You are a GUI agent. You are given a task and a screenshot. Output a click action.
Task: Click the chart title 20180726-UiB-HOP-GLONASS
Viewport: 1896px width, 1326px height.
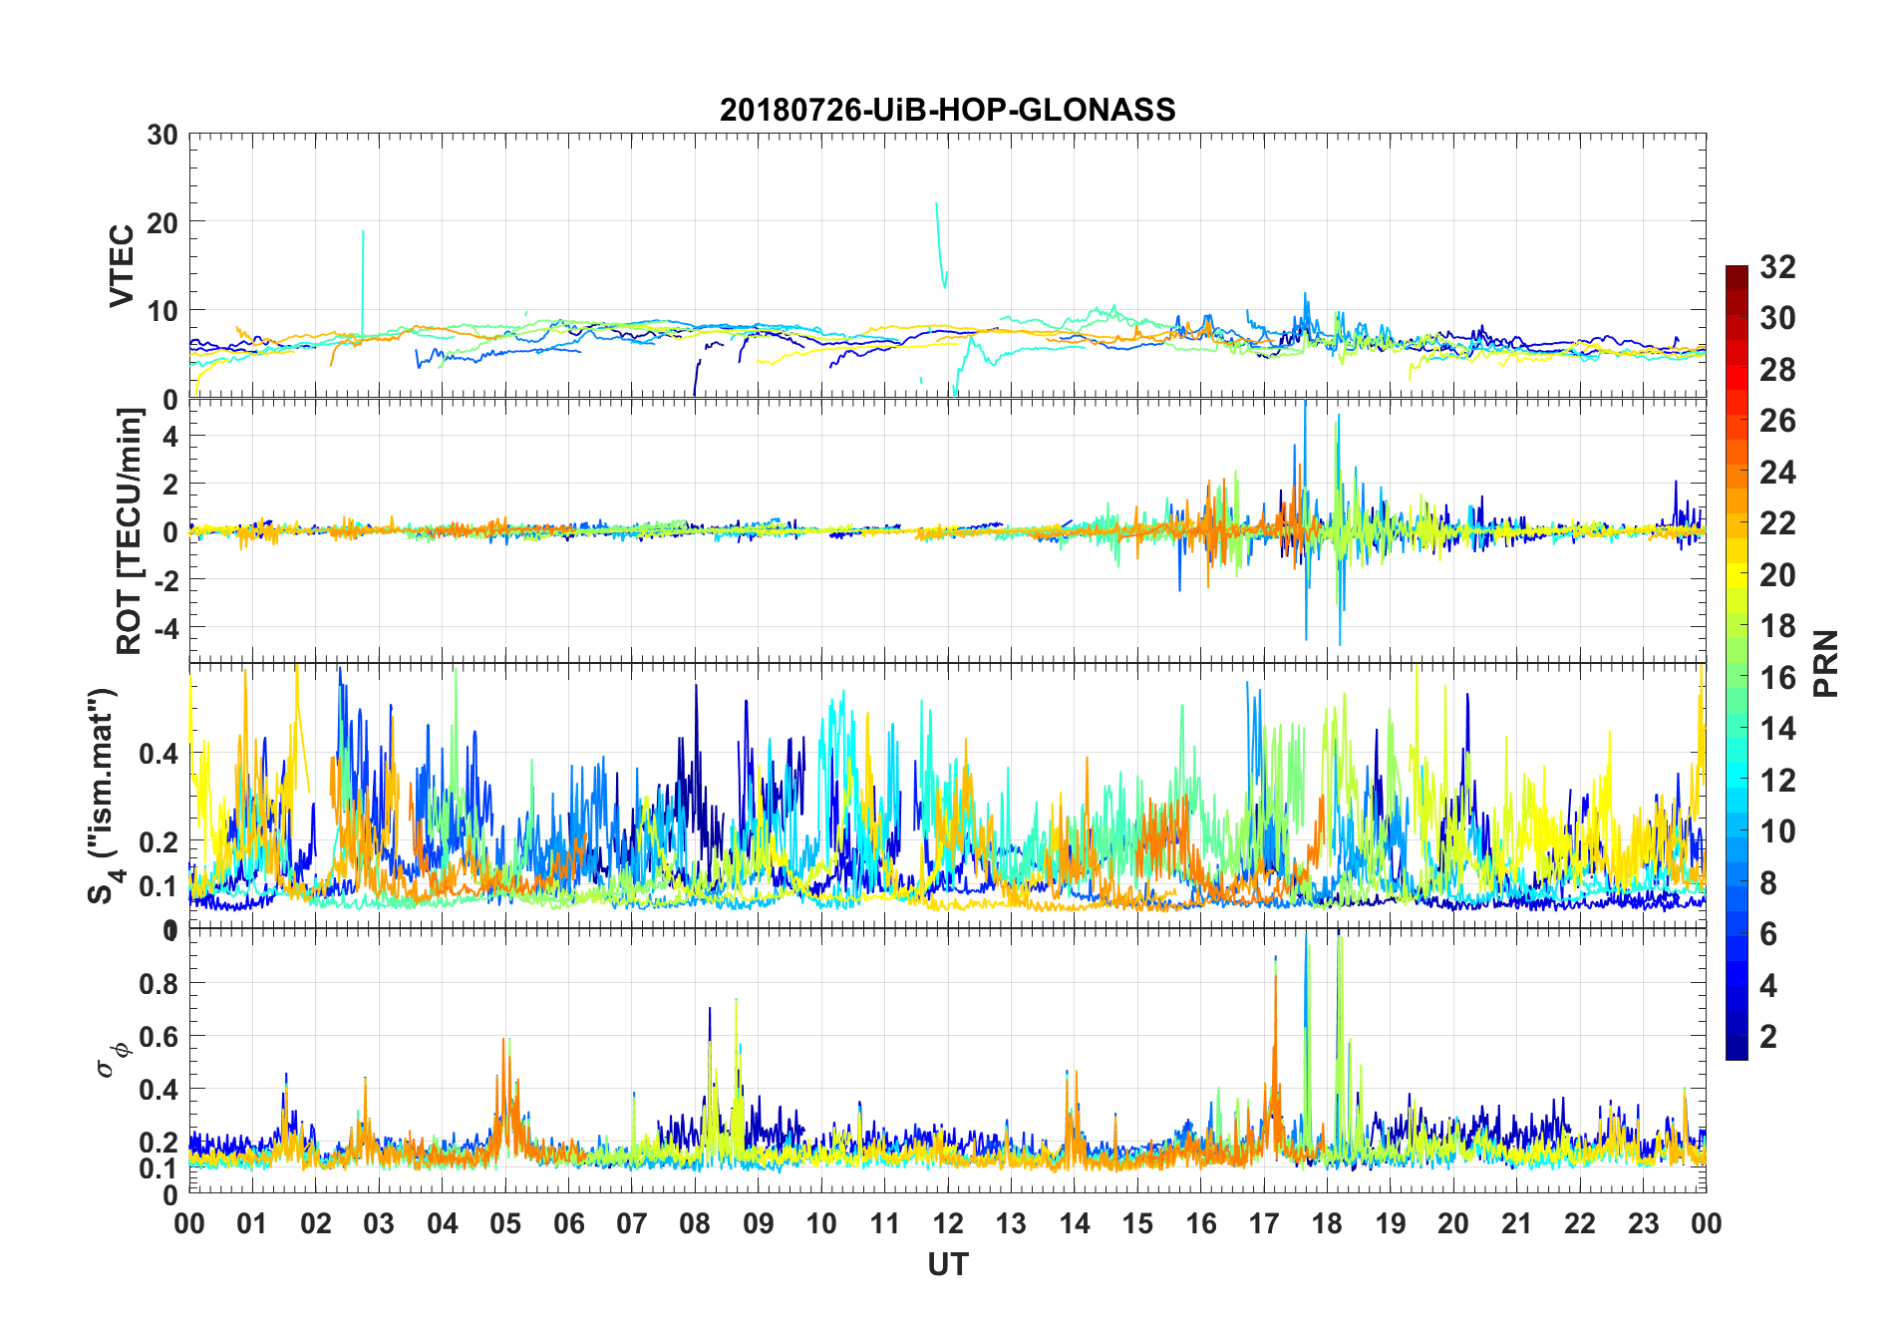[x=947, y=110]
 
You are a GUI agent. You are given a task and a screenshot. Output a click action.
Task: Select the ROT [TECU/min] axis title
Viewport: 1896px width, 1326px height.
[x=129, y=530]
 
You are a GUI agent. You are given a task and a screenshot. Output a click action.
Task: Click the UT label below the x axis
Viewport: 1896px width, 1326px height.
[x=947, y=1265]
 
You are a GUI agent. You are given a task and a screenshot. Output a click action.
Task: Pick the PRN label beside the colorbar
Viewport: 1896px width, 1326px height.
[x=1825, y=663]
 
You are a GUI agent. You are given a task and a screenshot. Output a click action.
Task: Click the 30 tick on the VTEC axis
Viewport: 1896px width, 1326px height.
[x=162, y=136]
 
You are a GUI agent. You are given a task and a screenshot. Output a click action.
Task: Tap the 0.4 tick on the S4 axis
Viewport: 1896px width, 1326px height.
[x=158, y=754]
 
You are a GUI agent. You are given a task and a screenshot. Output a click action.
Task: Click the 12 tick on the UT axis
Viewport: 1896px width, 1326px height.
[x=948, y=1223]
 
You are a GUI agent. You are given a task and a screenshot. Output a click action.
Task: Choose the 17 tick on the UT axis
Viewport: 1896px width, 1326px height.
[x=1264, y=1223]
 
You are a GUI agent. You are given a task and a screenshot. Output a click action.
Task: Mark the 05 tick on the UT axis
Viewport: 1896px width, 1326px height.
[x=505, y=1223]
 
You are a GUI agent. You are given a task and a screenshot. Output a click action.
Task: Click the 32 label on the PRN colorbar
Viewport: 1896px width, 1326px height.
[x=1777, y=267]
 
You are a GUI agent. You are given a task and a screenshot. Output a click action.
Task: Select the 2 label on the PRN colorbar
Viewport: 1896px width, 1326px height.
[x=1768, y=1037]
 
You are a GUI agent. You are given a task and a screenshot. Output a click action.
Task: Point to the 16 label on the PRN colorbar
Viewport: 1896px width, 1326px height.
[x=1777, y=678]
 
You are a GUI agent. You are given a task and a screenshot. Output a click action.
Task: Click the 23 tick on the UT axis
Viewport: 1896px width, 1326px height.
[x=1643, y=1223]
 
